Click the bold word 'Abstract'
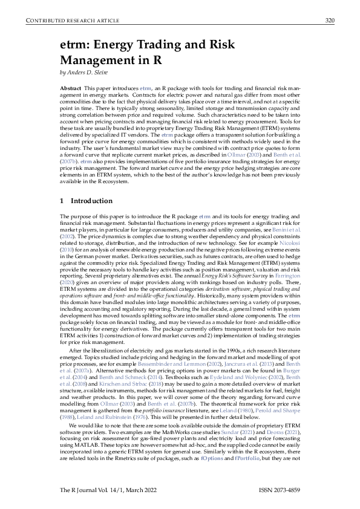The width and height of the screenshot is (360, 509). coord(71,88)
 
